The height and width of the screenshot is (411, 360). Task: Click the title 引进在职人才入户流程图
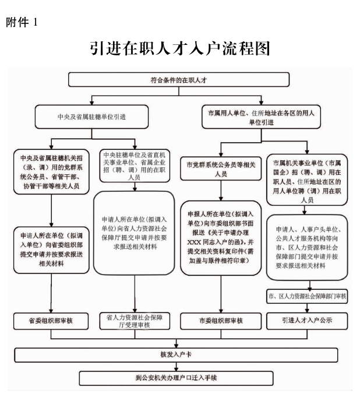(x=180, y=48)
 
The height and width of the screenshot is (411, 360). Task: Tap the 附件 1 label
(x=22, y=23)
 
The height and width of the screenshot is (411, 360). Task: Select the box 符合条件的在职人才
(x=179, y=79)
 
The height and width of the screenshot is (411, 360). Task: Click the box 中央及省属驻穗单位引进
(x=91, y=117)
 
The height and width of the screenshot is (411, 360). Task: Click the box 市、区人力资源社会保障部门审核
(x=306, y=296)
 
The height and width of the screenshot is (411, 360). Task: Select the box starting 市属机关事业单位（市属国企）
(x=306, y=180)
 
